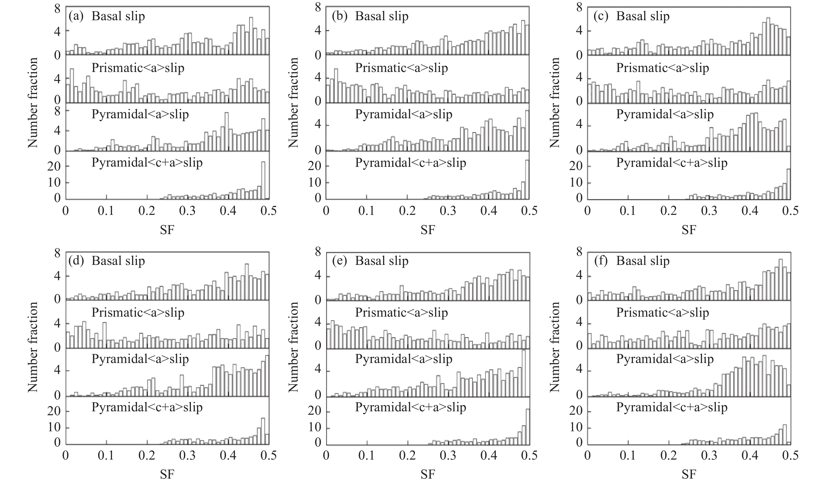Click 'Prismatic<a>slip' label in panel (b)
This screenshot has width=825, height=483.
pyautogui.click(x=401, y=68)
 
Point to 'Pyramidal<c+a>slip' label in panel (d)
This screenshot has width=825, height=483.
pyautogui.click(x=147, y=407)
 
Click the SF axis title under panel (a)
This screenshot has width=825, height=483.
pyautogui.click(x=167, y=230)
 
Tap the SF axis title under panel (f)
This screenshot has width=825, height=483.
pyautogui.click(x=689, y=474)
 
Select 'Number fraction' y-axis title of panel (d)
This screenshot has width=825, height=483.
pyautogui.click(x=33, y=347)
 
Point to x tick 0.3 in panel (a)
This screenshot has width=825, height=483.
pyautogui.click(x=188, y=211)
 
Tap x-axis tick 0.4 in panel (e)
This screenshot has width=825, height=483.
pyautogui.click(x=489, y=455)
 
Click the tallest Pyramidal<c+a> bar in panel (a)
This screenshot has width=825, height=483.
pyautogui.click(x=263, y=180)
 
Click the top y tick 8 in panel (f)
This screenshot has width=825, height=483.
pyautogui.click(x=579, y=253)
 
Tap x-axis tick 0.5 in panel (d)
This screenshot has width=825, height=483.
pyautogui.click(x=269, y=455)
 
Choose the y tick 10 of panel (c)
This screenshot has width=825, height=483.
pyautogui.click(x=577, y=183)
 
